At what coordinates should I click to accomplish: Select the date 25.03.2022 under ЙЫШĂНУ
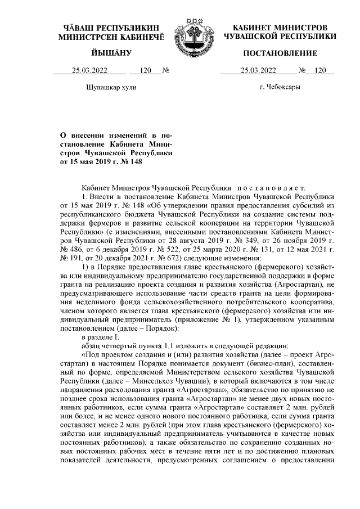click(x=91, y=71)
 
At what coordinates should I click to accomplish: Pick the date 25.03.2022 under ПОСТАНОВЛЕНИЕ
click(x=258, y=71)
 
